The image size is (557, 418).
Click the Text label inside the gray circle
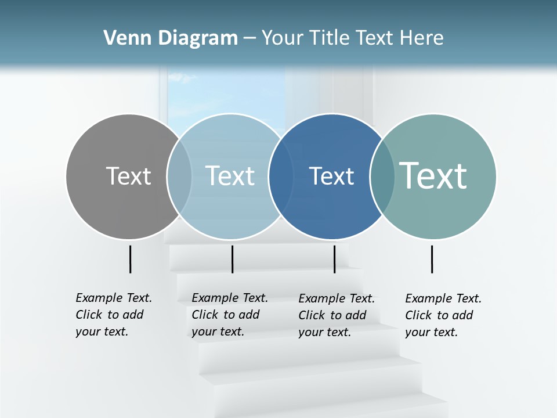(x=128, y=176)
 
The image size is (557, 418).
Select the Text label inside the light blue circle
(x=230, y=176)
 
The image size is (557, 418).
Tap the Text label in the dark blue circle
(x=331, y=176)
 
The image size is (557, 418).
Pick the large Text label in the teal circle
(x=433, y=176)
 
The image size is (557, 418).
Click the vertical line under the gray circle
(x=130, y=259)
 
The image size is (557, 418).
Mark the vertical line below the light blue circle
(x=232, y=259)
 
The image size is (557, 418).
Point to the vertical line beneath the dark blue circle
(x=334, y=259)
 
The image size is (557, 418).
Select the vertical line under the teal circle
(x=432, y=259)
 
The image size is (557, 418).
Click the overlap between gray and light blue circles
(x=179, y=176)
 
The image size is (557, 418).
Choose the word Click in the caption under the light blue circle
(x=205, y=315)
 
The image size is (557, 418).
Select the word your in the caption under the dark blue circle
(x=311, y=333)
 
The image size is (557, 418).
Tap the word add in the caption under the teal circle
(x=462, y=315)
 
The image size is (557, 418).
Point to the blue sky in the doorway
(x=226, y=93)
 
